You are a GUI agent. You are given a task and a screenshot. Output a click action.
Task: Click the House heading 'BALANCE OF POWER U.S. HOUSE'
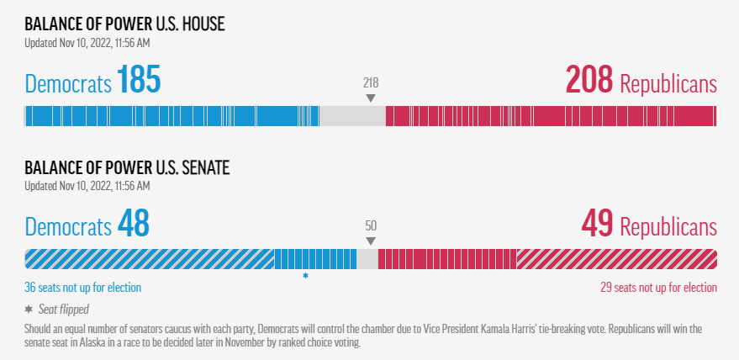point(124,24)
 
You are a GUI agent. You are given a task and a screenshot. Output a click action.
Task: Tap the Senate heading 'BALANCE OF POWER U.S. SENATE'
point(127,167)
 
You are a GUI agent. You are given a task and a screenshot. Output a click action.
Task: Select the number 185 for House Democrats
point(139,82)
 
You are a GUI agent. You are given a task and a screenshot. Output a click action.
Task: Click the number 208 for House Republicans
point(590,82)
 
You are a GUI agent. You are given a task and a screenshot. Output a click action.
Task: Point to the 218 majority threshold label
point(371,82)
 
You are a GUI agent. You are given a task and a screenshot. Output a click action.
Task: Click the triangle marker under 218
point(371,98)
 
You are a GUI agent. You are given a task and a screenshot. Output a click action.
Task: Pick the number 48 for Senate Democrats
point(133,225)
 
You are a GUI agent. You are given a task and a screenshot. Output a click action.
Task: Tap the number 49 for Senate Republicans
point(598,225)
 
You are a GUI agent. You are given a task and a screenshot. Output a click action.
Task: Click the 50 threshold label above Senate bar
point(371,225)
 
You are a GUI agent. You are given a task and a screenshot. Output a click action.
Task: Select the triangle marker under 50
point(371,241)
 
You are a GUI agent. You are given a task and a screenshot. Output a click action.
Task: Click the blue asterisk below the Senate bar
point(305,275)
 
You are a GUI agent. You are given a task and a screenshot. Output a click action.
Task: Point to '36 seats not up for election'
point(82,288)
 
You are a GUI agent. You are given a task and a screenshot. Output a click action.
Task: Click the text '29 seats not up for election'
point(658,288)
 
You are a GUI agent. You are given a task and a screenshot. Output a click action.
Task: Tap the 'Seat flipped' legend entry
point(63,309)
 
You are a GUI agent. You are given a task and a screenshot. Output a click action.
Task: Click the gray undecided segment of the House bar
point(352,116)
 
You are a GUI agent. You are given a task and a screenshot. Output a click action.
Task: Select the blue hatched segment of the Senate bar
point(150,259)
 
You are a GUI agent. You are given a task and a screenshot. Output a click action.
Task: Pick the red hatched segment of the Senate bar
point(616,259)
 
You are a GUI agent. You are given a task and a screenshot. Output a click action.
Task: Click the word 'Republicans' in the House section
point(668,84)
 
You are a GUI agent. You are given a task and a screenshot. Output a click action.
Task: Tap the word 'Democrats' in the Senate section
point(68,227)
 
